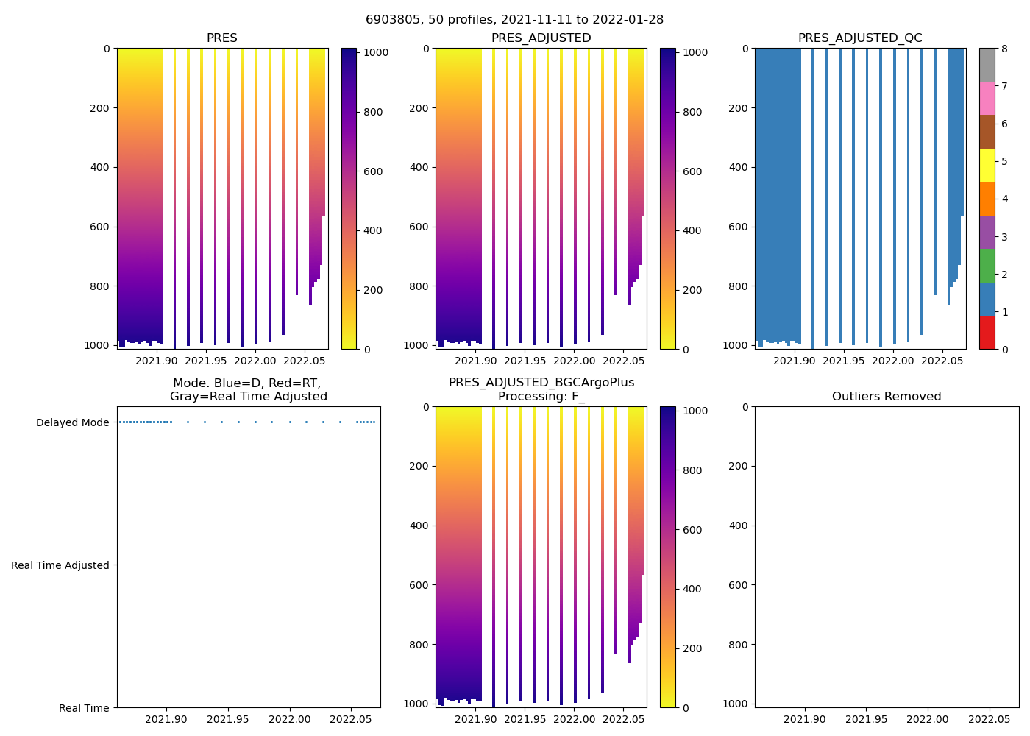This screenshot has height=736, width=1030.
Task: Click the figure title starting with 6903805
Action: click(x=514, y=20)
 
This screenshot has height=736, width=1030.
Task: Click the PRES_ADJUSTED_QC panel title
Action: click(x=860, y=38)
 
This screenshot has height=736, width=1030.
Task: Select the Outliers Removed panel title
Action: click(x=887, y=397)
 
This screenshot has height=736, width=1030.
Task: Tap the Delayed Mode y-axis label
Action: click(x=72, y=422)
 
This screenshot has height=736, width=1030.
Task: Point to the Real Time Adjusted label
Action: click(x=60, y=565)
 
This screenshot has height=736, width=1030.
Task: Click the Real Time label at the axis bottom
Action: click(x=84, y=708)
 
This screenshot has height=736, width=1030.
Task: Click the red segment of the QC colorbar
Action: click(x=987, y=333)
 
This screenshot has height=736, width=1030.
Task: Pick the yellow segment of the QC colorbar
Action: click(x=987, y=165)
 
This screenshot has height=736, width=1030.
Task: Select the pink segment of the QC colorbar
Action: click(x=987, y=98)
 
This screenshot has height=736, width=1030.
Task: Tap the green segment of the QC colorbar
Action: click(x=987, y=266)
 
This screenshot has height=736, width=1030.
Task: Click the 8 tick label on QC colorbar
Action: click(x=1004, y=49)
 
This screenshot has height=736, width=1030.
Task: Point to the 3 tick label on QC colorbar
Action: click(x=1004, y=237)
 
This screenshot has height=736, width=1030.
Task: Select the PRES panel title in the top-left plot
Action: click(x=221, y=38)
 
